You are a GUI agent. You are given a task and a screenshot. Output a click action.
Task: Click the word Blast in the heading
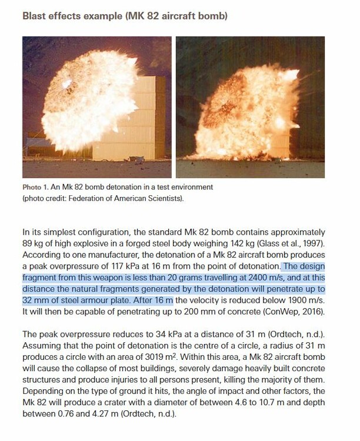(35, 16)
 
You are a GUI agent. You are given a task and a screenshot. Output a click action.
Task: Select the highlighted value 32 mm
(35, 300)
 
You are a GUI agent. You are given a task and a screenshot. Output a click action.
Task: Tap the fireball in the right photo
(247, 112)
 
